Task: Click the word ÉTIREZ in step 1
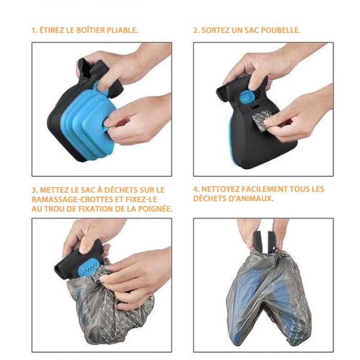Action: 51,31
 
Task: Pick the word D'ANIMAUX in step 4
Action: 252,198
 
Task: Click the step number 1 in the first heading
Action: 33,31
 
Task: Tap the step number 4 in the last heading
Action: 195,189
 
